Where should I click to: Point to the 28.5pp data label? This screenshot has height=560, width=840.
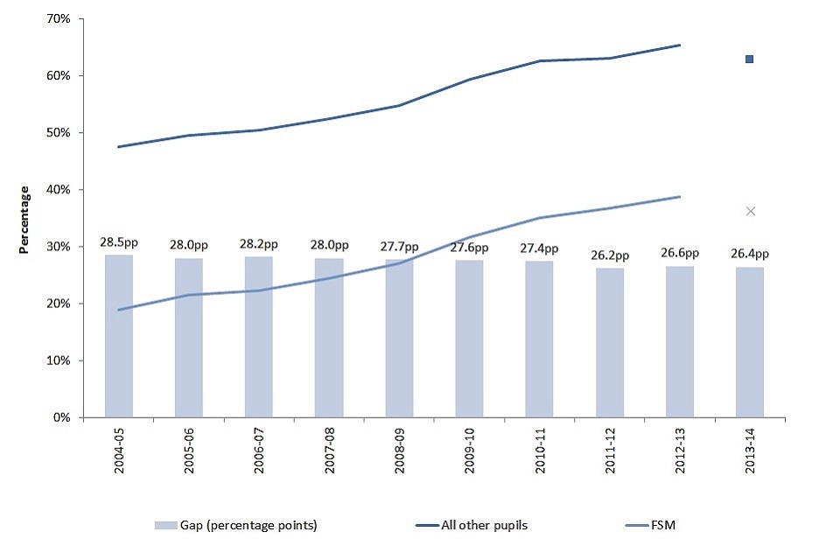pyautogui.click(x=119, y=241)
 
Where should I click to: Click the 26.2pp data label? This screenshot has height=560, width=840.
pyautogui.click(x=610, y=257)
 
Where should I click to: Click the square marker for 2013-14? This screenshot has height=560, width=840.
pyautogui.click(x=750, y=59)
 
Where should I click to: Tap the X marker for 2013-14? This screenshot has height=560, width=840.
pyautogui.click(x=750, y=211)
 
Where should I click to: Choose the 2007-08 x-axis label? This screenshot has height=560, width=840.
pyautogui.click(x=330, y=451)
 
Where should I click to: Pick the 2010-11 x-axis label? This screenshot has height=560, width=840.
pyautogui.click(x=540, y=451)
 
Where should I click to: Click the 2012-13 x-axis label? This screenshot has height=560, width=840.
pyautogui.click(x=680, y=451)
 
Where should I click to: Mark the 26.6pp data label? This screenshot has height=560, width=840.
pyautogui.click(x=680, y=255)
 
